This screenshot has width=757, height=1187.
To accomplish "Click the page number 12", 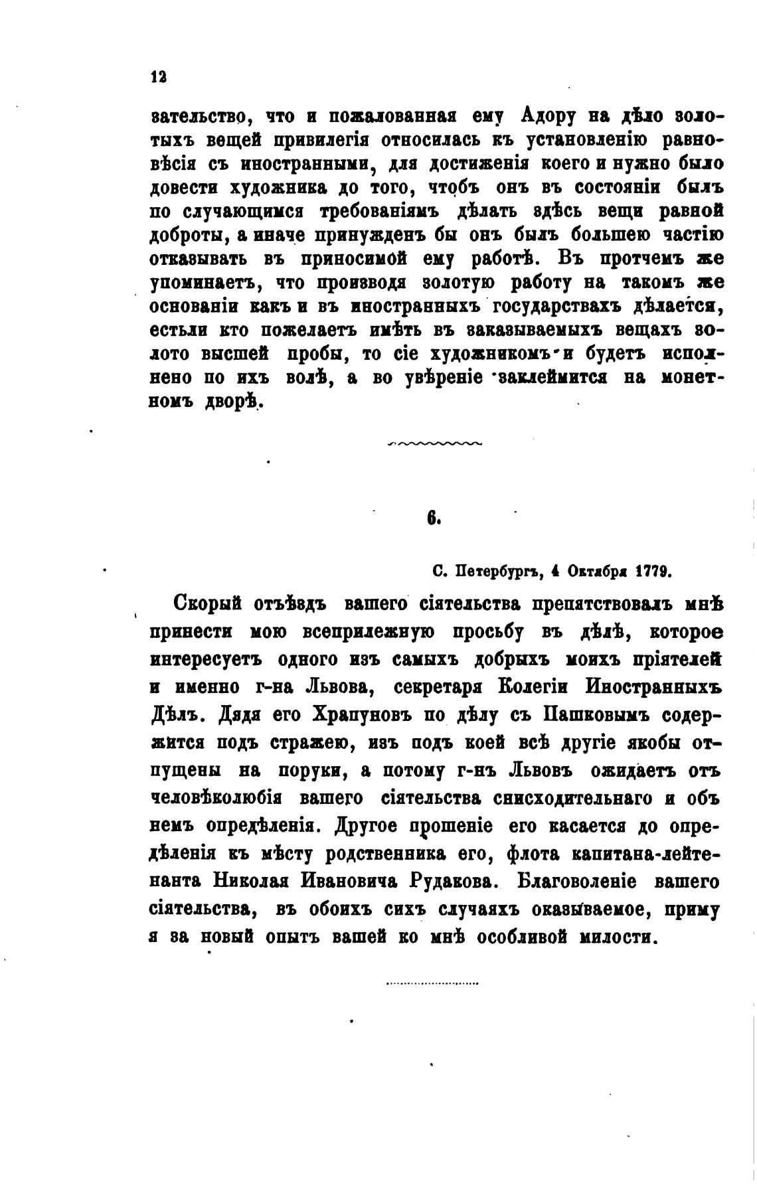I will pos(158,76).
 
